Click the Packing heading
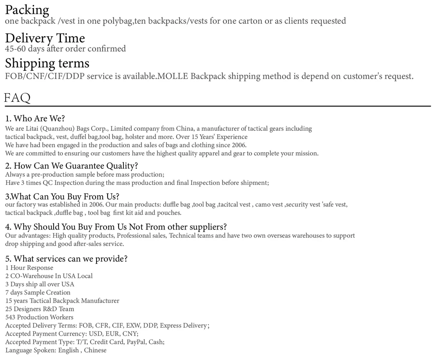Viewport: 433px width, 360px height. click(x=27, y=10)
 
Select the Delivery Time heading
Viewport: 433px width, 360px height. click(x=45, y=38)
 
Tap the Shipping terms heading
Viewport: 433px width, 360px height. click(x=47, y=63)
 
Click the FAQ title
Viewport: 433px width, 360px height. click(x=17, y=98)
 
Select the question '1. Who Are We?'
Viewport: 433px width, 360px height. click(x=35, y=119)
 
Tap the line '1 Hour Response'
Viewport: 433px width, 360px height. click(x=29, y=268)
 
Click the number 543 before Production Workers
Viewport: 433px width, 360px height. click(x=10, y=317)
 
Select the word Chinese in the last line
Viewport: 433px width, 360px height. click(x=95, y=350)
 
